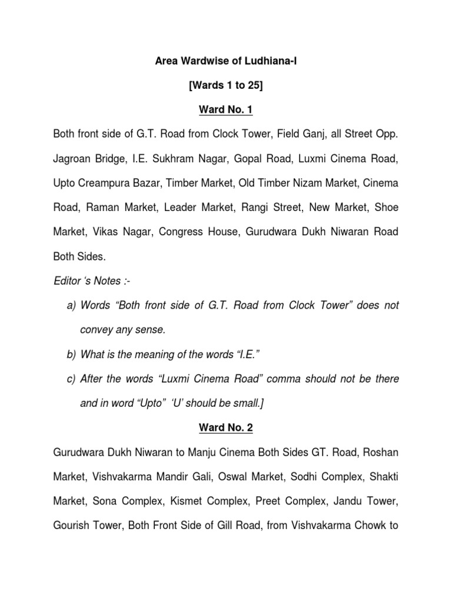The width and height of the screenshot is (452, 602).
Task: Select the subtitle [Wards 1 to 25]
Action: coord(226,86)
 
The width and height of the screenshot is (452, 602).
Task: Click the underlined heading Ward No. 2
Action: coord(226,427)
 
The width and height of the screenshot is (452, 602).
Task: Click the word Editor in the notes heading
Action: coord(67,282)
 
